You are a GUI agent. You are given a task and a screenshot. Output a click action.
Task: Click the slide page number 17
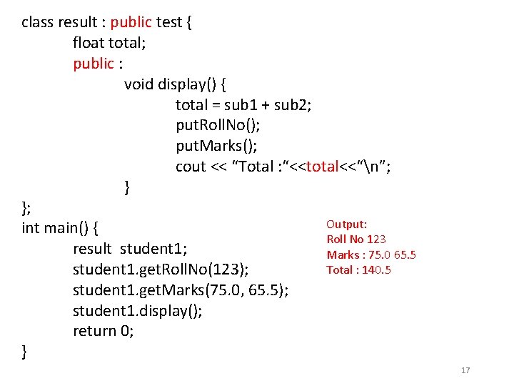[x=466, y=370]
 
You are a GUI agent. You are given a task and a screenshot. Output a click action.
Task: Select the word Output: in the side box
[x=346, y=224]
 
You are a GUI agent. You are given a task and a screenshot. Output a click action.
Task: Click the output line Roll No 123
[x=356, y=239]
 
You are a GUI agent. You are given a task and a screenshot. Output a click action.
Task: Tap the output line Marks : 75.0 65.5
[x=371, y=254]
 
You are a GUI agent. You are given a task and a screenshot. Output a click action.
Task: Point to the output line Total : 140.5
[x=358, y=269]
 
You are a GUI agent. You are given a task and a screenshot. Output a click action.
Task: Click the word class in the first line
[x=37, y=22]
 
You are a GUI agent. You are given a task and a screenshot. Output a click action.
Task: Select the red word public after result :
[x=131, y=22]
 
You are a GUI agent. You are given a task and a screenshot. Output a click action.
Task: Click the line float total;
[x=109, y=43]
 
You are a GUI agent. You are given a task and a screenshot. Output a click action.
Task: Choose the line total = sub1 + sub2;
[x=243, y=105]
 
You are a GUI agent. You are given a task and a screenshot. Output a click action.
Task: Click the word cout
[x=191, y=167]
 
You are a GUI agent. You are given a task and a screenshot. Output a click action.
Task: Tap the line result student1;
[x=130, y=249]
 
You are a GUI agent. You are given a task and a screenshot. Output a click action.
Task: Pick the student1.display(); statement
[x=137, y=311]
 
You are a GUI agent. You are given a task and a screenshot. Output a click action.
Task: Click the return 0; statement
[x=104, y=331]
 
